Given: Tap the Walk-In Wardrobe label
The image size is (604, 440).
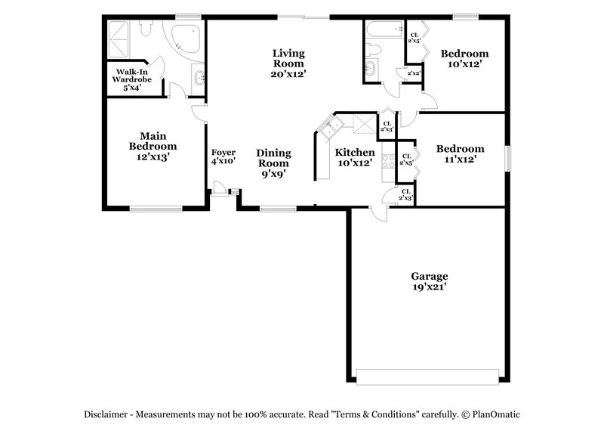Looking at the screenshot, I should click(128, 79).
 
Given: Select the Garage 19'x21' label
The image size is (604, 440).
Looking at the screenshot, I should click(429, 281).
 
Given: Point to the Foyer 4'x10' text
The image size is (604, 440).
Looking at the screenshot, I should click(223, 157).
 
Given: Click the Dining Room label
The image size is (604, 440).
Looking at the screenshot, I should click(273, 163).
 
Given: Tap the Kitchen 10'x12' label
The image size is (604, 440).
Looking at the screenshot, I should click(354, 157).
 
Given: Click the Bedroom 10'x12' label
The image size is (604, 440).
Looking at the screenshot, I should click(464, 59).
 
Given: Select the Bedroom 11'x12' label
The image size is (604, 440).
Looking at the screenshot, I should click(460, 154).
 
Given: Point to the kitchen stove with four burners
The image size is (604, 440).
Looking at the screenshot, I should click(388, 161).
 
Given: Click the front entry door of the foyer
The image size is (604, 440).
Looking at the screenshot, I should click(218, 189).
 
